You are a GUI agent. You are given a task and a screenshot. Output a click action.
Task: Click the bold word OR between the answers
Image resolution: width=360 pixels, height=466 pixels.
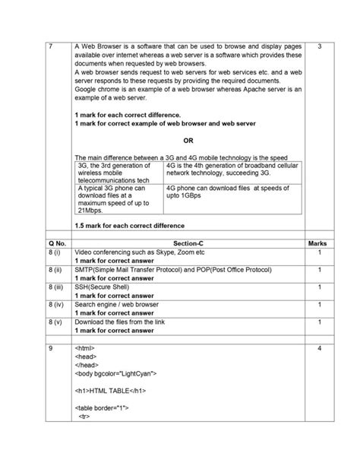(188, 140)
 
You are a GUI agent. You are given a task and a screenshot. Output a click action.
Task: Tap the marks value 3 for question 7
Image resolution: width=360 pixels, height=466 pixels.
(320, 47)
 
